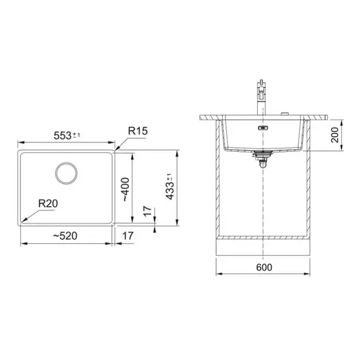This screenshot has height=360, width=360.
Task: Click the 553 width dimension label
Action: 62,136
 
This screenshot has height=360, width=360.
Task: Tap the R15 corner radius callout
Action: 138,131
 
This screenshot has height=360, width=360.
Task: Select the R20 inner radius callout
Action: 48,204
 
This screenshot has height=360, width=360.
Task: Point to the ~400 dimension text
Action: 126,189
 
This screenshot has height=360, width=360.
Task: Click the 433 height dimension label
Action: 170,191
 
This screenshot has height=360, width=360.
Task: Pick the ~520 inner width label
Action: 65,236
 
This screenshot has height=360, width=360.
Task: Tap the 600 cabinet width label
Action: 264,267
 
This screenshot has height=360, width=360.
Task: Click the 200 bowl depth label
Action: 335,135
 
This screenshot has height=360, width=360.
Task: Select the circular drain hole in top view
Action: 66,173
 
